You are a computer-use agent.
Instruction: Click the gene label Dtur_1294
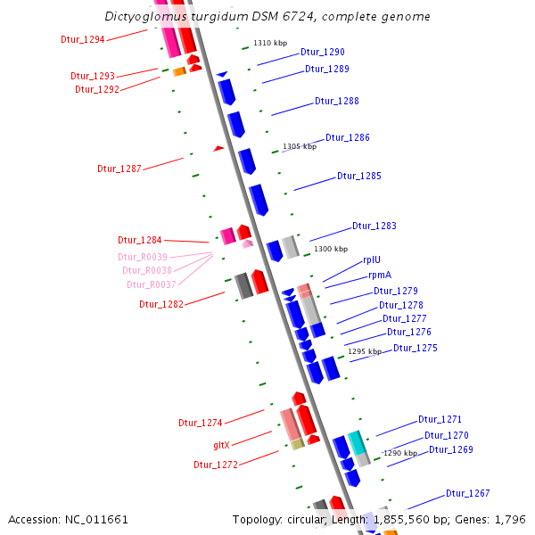[82, 39]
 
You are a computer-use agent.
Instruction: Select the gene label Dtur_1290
[322, 53]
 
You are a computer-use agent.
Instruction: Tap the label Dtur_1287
[119, 169]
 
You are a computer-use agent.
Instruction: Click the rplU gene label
[371, 259]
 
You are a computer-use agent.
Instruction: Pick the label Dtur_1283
[374, 226]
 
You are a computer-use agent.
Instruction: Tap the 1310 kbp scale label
[270, 43]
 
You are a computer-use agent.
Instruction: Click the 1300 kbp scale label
[331, 249]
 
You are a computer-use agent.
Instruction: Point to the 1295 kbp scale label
[364, 351]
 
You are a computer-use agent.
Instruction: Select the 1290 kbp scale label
[399, 453]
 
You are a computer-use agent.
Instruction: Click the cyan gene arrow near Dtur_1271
[357, 441]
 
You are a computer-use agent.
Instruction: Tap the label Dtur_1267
[467, 493]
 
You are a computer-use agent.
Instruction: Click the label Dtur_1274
[200, 423]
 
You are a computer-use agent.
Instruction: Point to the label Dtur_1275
[415, 348]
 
